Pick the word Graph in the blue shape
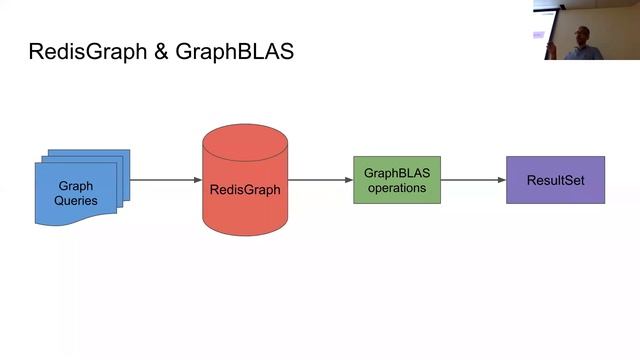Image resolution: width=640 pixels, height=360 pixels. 76,186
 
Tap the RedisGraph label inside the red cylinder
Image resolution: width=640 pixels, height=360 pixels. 245,188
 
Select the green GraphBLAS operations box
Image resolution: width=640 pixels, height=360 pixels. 396,180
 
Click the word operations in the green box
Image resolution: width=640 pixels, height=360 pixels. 396,188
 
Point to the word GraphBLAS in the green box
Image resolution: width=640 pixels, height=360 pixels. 396,173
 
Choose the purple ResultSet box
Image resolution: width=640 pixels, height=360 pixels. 555,180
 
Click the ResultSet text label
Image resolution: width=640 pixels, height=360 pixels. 555,181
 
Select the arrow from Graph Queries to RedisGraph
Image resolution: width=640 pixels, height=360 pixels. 165,180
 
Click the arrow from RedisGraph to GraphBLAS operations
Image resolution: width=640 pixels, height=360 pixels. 320,180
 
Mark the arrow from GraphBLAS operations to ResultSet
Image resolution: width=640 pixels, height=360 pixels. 472,180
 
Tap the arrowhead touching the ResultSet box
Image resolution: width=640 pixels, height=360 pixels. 501,180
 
